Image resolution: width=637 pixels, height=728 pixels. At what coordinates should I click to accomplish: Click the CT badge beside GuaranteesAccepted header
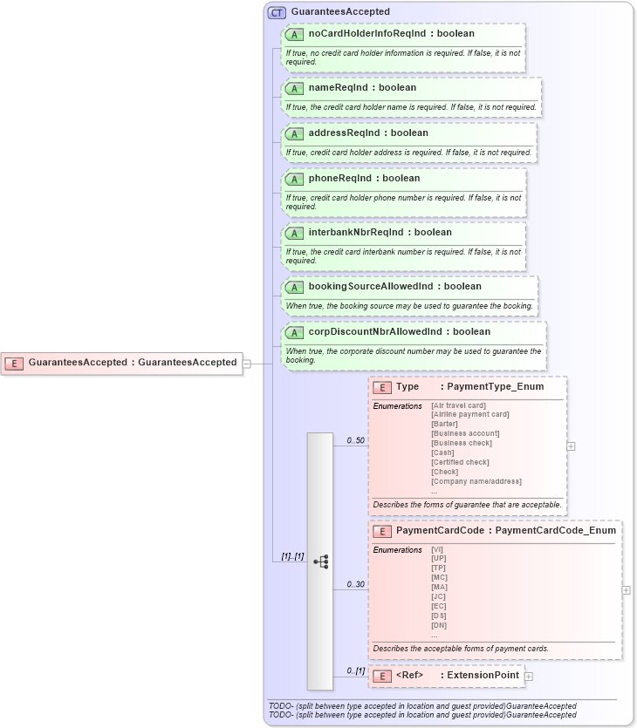277,12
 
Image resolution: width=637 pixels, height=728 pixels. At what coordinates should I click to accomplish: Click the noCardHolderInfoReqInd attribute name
366,34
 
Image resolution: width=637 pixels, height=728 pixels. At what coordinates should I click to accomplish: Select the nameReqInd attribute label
339,88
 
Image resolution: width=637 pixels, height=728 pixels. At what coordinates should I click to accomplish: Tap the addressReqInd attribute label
344,133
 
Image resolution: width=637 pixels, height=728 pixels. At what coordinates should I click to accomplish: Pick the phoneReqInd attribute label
339,179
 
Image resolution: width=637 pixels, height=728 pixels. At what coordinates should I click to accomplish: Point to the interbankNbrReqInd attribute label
356,233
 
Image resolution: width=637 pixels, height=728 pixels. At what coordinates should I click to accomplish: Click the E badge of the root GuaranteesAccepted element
14,363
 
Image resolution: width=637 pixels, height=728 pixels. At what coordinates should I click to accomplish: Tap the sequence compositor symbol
320,561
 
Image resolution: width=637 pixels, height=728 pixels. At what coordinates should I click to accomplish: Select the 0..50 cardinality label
355,440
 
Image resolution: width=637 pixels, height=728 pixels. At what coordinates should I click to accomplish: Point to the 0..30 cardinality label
355,584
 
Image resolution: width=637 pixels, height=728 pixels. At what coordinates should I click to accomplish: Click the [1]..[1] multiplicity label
292,556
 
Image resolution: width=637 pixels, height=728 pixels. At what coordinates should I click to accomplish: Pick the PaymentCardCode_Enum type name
555,531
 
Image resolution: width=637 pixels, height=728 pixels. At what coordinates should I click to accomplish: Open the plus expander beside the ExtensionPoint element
529,676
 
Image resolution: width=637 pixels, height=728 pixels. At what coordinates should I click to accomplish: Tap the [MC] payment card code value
439,577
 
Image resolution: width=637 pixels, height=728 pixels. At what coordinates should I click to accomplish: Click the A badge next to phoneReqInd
294,179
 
